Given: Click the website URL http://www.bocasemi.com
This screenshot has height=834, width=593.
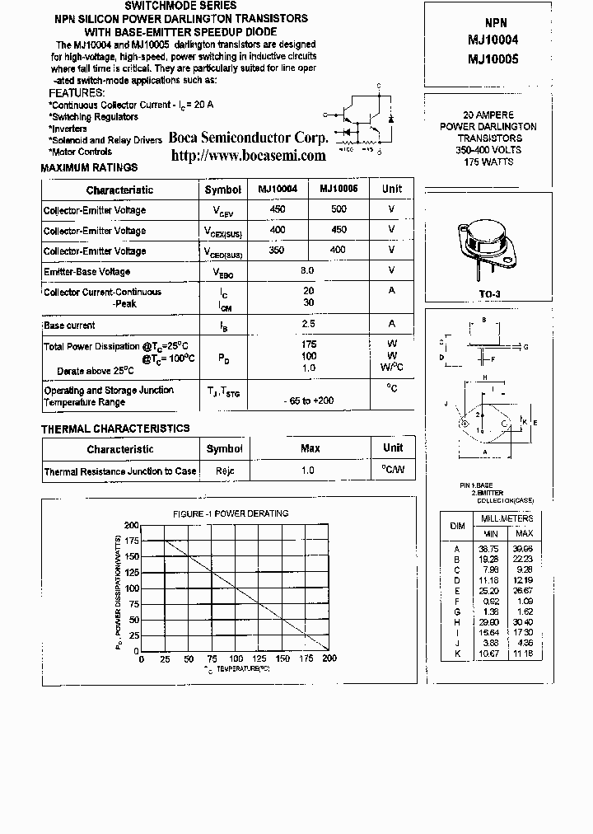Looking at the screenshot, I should pyautogui.click(x=248, y=155).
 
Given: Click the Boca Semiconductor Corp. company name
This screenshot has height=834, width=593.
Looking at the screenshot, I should pyautogui.click(x=248, y=138).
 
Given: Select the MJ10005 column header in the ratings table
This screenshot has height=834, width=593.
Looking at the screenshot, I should pyautogui.click(x=339, y=189).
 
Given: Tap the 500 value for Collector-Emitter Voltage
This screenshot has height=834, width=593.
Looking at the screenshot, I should pyautogui.click(x=339, y=209).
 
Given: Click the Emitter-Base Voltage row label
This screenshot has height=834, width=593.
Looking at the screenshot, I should pyautogui.click(x=86, y=272).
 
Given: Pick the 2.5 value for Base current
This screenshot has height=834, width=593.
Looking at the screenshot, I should pyautogui.click(x=309, y=324).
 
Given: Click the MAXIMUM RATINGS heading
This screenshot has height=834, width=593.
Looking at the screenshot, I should pyautogui.click(x=89, y=168).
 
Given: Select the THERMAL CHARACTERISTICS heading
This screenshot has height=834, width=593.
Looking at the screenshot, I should pyautogui.click(x=115, y=429).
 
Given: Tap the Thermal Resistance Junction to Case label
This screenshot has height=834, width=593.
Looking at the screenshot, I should pyautogui.click(x=120, y=471).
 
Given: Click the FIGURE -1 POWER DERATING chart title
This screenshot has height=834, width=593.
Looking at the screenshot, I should pyautogui.click(x=231, y=513).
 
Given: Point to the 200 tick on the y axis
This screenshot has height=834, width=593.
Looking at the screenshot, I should pyautogui.click(x=132, y=525).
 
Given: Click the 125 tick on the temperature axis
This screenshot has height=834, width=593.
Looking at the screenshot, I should pyautogui.click(x=259, y=659).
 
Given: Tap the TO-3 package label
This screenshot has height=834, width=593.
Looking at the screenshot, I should pyautogui.click(x=490, y=292).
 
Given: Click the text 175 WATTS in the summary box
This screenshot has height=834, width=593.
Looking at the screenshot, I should pyautogui.click(x=488, y=162).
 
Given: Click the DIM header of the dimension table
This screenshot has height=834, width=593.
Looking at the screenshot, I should pyautogui.click(x=457, y=526).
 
